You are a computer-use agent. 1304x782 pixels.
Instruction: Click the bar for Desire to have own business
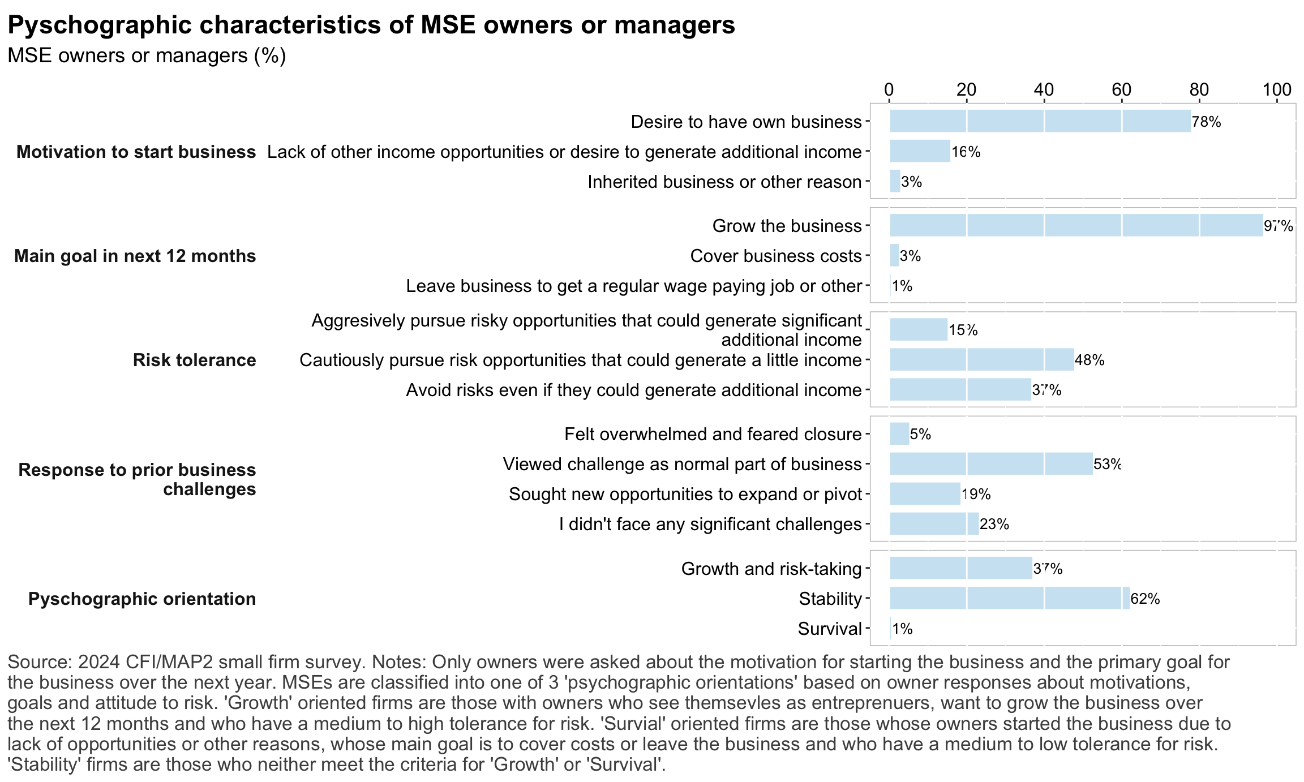[x=1040, y=121]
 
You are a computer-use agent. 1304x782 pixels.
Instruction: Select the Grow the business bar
[x=1076, y=225]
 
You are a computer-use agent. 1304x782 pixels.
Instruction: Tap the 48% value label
[x=1089, y=360]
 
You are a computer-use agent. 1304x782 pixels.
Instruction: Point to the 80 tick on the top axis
[x=1199, y=90]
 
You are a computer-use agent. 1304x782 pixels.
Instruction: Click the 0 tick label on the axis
[x=889, y=90]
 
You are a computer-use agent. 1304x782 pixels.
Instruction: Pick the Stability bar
[x=1010, y=598]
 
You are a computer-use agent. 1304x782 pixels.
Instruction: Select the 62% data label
[x=1145, y=599]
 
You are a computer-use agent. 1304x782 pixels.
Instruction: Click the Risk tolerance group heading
[x=194, y=360]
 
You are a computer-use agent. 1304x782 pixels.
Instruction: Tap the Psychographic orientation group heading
[x=142, y=599]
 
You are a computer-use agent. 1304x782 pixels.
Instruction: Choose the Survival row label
[x=830, y=629]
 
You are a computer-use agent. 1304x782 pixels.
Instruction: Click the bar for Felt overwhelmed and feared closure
[x=899, y=434]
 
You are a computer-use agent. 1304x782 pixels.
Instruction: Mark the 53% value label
[x=1107, y=464]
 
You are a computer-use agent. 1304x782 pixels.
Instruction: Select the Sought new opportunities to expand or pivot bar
[x=925, y=494]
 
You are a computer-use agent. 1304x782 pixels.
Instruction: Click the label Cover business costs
[x=775, y=256]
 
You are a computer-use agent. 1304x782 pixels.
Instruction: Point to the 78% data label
[x=1206, y=122]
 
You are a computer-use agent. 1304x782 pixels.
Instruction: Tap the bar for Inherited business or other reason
[x=895, y=181]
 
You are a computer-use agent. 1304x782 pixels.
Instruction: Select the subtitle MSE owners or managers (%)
[x=147, y=56]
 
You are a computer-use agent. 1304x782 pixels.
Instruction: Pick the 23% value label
[x=994, y=524]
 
